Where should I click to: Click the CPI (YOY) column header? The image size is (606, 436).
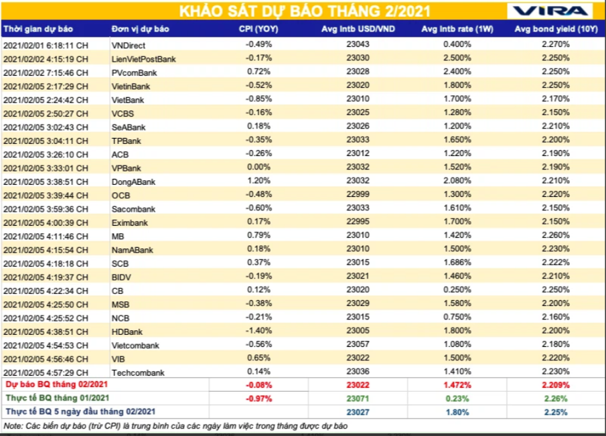258,29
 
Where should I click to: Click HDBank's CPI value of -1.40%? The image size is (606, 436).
258,332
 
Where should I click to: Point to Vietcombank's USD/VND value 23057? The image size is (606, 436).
358,345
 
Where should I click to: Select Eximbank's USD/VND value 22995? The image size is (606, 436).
358,222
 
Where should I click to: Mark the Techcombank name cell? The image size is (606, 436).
137,372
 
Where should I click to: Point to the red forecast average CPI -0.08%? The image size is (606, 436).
258,385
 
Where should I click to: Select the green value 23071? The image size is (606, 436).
358,398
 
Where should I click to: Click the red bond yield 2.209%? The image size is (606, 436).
556,385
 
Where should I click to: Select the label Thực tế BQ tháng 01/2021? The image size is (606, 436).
56,398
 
